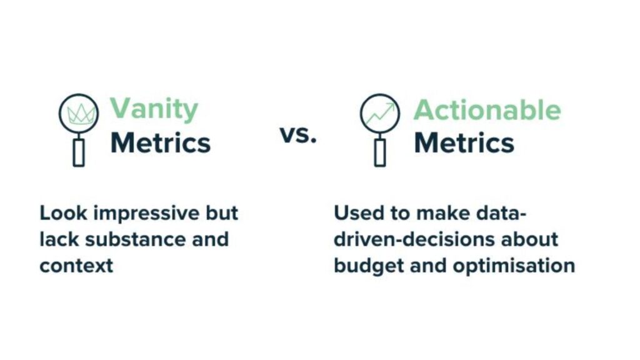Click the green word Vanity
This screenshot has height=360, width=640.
click(x=154, y=109)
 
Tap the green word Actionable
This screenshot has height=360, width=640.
click(x=487, y=110)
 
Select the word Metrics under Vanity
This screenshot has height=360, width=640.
click(x=161, y=142)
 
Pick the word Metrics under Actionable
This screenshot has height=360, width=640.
click(x=464, y=142)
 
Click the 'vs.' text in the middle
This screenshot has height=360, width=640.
click(x=298, y=134)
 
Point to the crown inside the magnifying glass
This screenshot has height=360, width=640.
click(x=81, y=114)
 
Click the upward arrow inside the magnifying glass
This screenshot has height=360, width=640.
click(x=381, y=114)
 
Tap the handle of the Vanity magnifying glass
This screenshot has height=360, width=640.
click(x=79, y=152)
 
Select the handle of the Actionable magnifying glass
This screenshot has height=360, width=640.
click(x=380, y=152)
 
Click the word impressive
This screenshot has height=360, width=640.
click(x=147, y=214)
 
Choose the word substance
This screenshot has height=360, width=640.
click(x=135, y=239)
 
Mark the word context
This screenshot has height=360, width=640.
click(x=76, y=266)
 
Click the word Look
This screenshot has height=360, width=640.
click(x=63, y=213)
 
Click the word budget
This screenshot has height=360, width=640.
click(x=369, y=266)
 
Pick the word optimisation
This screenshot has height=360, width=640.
click(x=514, y=266)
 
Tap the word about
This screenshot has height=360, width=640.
click(x=529, y=239)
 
